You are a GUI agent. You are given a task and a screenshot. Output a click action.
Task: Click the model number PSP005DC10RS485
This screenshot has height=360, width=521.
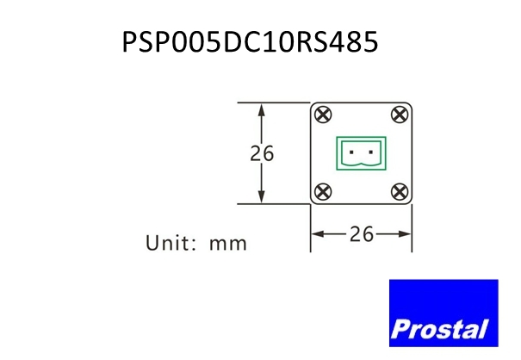click(251, 42)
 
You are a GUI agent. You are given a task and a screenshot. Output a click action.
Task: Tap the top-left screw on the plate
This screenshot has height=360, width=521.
click(323, 115)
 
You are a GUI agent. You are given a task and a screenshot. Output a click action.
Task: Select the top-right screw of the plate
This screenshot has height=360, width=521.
click(400, 115)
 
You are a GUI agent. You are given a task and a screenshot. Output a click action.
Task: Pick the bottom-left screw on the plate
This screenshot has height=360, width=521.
click(323, 192)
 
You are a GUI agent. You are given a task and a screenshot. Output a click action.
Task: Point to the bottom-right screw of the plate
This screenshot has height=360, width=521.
click(400, 192)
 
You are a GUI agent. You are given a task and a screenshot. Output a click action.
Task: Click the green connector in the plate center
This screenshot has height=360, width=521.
click(361, 153)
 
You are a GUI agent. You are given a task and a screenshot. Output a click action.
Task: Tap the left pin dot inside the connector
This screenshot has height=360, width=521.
click(351, 152)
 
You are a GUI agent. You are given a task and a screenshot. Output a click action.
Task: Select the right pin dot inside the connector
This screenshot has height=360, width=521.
click(371, 152)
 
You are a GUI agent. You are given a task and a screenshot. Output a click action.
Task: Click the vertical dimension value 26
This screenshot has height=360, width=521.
click(262, 153)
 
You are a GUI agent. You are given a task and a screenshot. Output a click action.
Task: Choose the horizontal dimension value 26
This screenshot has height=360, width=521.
click(362, 234)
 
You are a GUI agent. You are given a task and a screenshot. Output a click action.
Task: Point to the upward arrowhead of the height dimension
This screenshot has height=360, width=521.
click(262, 109)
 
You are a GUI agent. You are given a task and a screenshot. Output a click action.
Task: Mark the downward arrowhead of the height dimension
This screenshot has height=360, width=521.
click(262, 196)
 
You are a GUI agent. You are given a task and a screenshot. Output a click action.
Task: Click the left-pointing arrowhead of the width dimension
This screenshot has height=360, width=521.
click(318, 234)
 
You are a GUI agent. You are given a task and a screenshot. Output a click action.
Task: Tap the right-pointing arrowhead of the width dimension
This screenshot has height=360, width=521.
click(405, 234)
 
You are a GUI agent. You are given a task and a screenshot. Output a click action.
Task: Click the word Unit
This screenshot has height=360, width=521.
click(167, 243)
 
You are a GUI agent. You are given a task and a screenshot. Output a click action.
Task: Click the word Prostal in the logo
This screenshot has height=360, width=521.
click(440, 329)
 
